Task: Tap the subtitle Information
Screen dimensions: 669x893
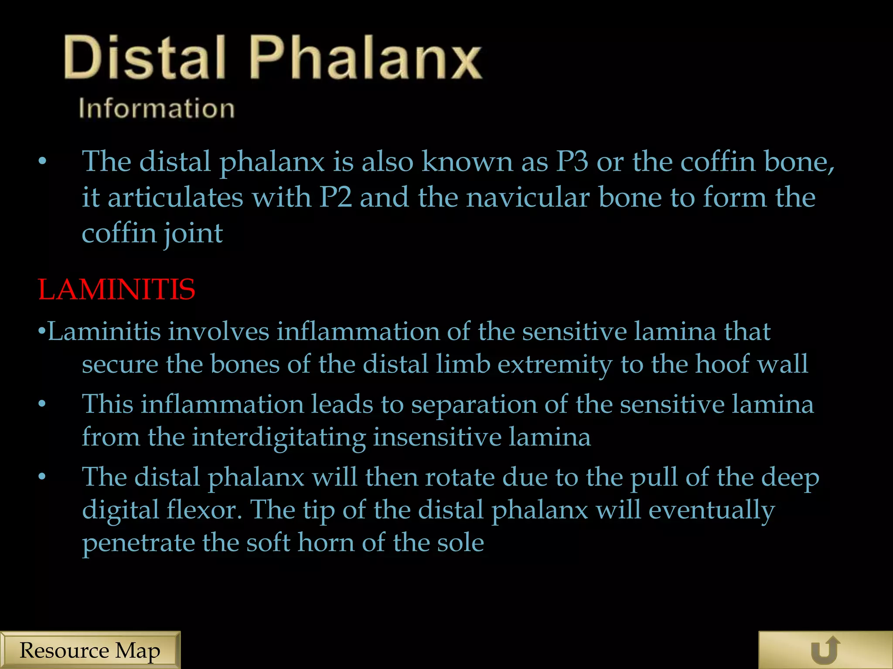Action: tap(157, 108)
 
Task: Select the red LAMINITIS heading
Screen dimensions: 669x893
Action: tap(116, 290)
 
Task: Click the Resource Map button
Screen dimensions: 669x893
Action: tap(90, 650)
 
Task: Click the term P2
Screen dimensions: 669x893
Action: tap(335, 197)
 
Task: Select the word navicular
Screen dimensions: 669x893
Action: tap(528, 197)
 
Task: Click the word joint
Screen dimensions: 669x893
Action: tap(193, 234)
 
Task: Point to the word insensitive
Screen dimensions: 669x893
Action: tap(437, 437)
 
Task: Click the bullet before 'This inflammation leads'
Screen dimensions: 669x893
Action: tap(42, 404)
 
